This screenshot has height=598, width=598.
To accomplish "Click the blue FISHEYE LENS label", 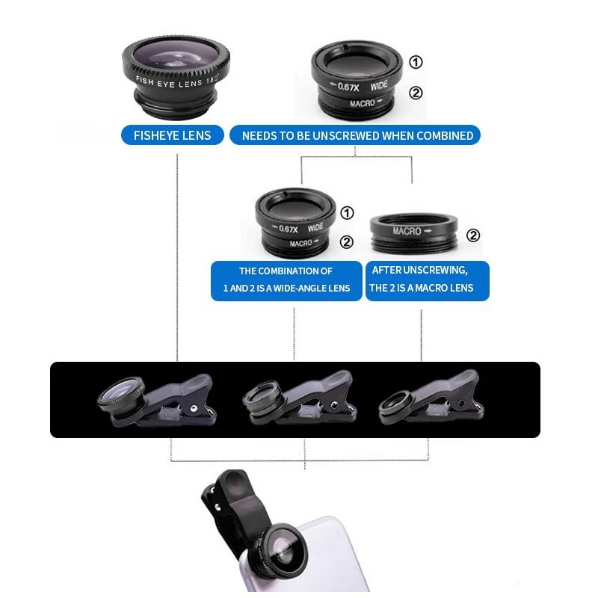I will (172, 135).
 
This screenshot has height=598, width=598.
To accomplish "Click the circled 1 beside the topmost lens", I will (416, 62).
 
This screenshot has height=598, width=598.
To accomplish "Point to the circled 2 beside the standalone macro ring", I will (473, 235).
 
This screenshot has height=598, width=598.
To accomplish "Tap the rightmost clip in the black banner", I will (432, 400).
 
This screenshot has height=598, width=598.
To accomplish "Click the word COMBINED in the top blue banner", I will (445, 135).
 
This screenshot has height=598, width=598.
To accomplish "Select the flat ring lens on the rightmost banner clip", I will (396, 404).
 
